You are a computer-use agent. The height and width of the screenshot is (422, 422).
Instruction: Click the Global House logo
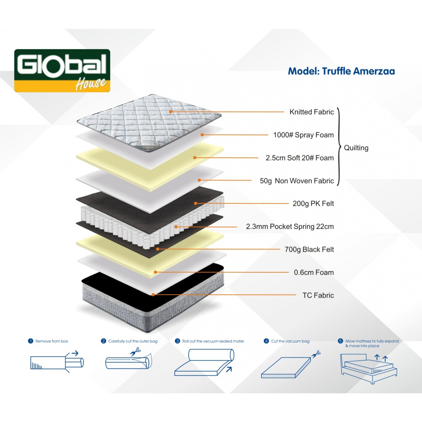click(62, 71)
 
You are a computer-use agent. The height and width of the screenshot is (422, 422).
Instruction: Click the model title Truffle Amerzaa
click(341, 71)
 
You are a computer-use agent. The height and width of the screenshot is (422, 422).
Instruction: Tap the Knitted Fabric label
click(311, 112)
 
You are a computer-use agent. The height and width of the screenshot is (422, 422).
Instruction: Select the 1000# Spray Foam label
click(303, 135)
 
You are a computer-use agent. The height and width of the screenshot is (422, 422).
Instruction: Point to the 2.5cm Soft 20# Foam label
click(300, 158)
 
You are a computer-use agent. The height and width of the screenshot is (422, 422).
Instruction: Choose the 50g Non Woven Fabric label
click(297, 181)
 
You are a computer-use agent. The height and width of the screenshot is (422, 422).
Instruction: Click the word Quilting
click(356, 148)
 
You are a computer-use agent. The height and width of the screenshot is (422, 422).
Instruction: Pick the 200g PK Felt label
click(313, 204)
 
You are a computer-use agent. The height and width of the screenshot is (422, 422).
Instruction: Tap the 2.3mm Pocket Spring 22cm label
click(290, 226)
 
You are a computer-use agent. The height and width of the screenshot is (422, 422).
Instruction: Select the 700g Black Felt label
click(309, 250)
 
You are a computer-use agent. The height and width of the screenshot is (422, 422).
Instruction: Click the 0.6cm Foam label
click(314, 272)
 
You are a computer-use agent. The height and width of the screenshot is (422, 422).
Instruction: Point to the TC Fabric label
click(318, 295)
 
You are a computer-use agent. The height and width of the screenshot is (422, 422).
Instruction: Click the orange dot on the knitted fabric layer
click(170, 112)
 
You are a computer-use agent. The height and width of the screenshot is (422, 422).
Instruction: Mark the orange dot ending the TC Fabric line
click(153, 295)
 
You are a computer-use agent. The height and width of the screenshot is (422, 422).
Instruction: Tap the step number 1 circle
click(31, 341)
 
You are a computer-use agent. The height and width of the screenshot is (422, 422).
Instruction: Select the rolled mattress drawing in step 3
click(205, 362)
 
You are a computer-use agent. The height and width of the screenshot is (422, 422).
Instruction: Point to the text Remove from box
click(52, 341)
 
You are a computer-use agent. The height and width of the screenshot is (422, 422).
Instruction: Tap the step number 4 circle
click(266, 341)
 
